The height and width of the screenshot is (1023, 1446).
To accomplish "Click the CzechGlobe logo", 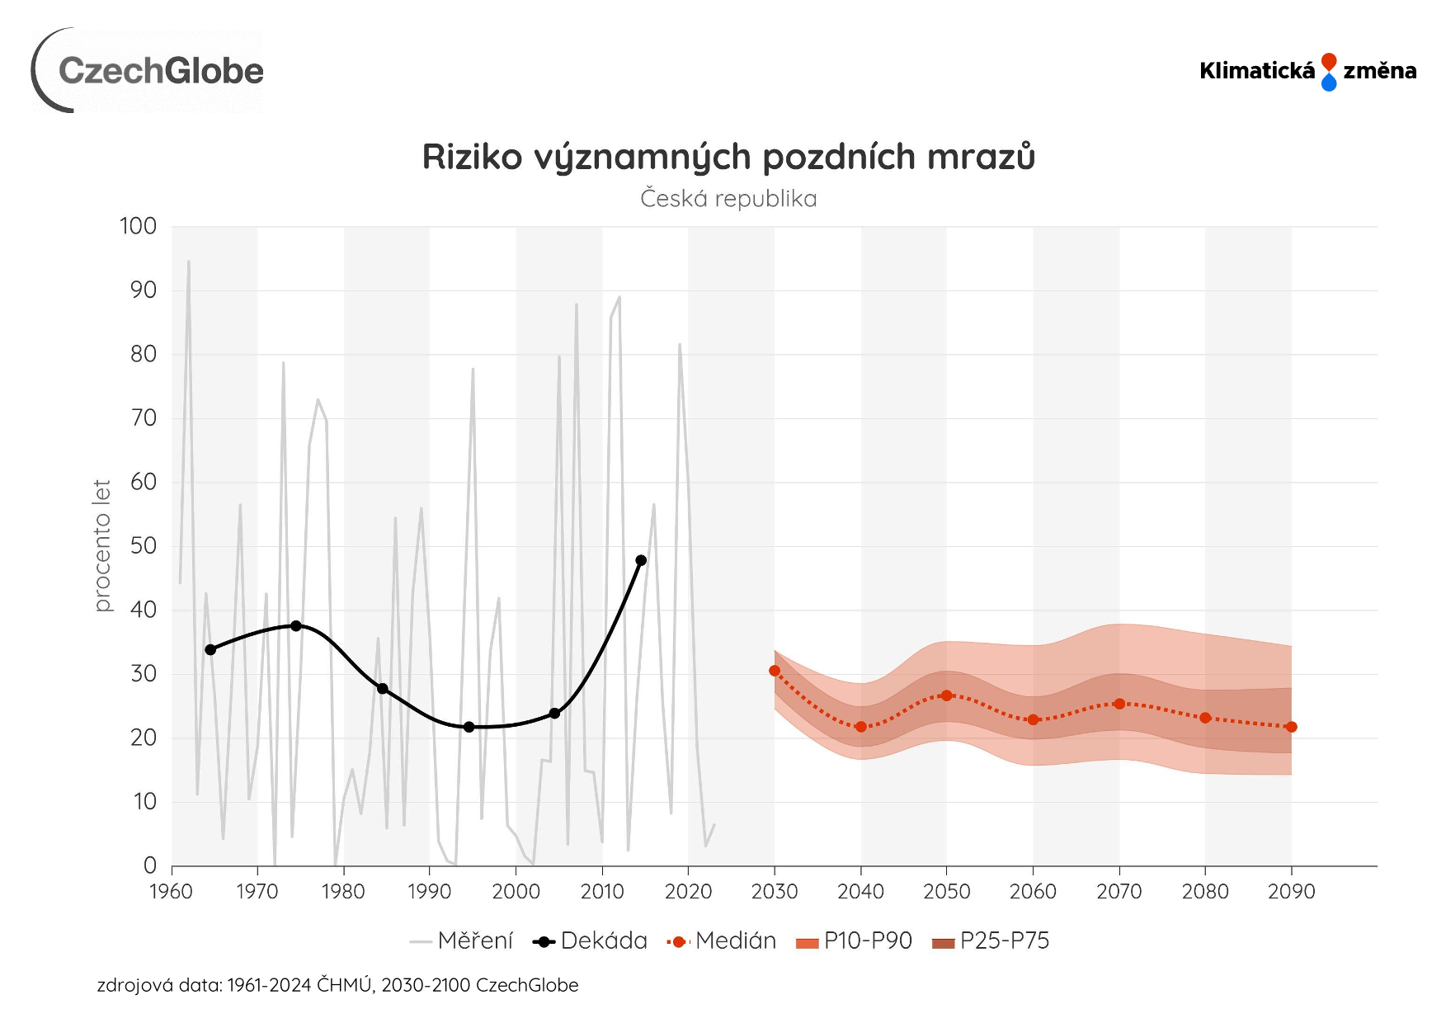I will tap(148, 71).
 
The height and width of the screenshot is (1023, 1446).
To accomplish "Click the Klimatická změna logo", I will tap(1307, 71).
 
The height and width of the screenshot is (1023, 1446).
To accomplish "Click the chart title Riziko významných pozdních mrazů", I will tap(728, 157).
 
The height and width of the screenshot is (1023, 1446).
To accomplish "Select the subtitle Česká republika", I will tap(728, 199).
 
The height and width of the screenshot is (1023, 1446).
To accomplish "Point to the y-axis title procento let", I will tap(101, 545).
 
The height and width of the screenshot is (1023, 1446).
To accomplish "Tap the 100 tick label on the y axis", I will tap(138, 226).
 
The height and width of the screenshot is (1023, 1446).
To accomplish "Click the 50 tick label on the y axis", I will tap(143, 545).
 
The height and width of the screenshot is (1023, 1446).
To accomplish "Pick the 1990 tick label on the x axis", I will tap(430, 892).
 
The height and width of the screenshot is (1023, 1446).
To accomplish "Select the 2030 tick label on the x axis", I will tap(775, 892).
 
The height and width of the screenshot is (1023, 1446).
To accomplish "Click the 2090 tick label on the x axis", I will tap(1291, 892).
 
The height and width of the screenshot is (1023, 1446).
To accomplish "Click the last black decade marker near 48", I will tap(641, 560).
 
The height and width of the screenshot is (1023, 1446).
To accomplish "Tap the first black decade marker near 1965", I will tap(210, 650).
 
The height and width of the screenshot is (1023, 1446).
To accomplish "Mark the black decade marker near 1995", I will tap(469, 727).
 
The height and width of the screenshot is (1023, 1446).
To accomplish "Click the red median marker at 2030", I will tap(775, 671).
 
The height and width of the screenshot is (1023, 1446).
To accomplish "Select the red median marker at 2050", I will tap(946, 695).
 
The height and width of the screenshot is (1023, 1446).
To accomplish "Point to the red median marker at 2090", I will tap(1291, 727).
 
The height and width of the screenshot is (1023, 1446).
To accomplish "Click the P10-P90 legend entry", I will tap(855, 941).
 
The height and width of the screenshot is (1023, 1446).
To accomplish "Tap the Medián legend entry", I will tap(723, 941).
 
